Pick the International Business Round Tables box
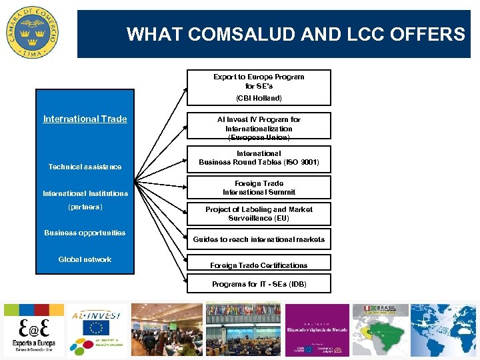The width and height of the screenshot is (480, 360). (x=259, y=158)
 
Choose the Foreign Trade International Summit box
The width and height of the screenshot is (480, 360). (x=259, y=188)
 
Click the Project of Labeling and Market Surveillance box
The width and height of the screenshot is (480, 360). (x=259, y=214)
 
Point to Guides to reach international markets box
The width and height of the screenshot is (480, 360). (x=259, y=239)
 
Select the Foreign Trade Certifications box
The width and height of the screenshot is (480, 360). (x=259, y=265)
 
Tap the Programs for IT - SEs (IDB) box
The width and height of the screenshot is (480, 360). (x=259, y=284)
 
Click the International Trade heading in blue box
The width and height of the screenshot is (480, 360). (x=85, y=119)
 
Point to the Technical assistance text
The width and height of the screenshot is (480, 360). (x=85, y=167)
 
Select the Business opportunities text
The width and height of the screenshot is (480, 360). (x=85, y=233)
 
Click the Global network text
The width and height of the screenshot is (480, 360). (x=85, y=259)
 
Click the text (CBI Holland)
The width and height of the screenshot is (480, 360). (x=259, y=98)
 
